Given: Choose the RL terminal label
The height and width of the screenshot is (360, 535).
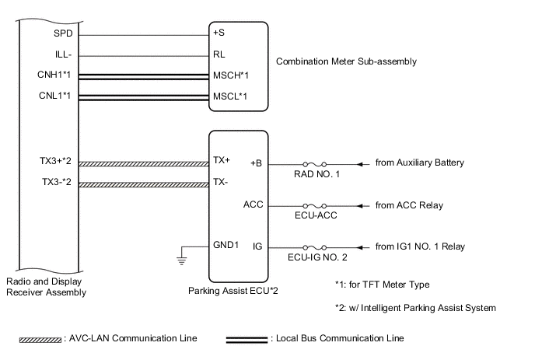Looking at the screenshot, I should tap(219, 56).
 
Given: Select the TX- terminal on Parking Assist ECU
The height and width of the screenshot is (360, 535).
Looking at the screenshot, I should tap(221, 184).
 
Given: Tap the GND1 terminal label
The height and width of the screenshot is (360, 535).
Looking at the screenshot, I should tap(225, 246).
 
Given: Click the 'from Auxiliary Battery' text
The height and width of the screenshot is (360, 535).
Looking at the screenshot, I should tap(419, 163).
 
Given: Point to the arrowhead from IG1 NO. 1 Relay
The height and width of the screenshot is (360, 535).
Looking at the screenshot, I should tap(359, 246).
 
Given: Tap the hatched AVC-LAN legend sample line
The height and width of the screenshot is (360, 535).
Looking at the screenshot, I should tap(50, 340).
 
